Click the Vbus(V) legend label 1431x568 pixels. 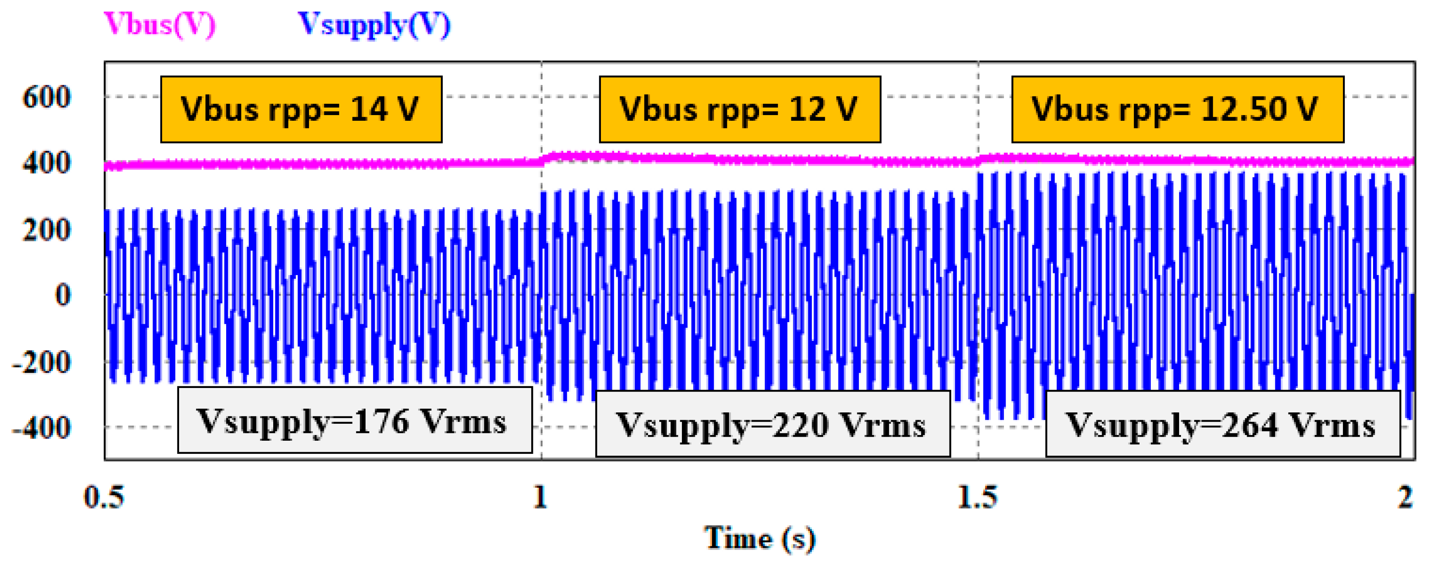click(x=159, y=24)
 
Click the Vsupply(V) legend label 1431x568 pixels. click(x=374, y=24)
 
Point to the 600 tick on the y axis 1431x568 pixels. click(x=47, y=97)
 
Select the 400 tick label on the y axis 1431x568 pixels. click(x=47, y=163)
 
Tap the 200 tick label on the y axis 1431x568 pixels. click(x=47, y=230)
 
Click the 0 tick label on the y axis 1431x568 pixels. click(x=63, y=295)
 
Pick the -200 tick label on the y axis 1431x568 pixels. click(x=42, y=362)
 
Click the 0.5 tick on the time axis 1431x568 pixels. click(x=104, y=497)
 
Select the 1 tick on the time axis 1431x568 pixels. click(x=540, y=497)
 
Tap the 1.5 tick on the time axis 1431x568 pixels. click(x=978, y=497)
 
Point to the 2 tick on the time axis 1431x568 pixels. click(x=1405, y=497)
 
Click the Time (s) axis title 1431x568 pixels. click(x=760, y=538)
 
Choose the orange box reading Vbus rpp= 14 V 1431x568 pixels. click(x=301, y=109)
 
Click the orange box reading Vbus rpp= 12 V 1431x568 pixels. click(x=739, y=109)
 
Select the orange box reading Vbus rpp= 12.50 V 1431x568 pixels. click(x=1177, y=109)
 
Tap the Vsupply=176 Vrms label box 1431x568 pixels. click(x=354, y=421)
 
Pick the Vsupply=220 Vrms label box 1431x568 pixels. click(x=772, y=424)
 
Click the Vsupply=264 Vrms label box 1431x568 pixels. click(x=1222, y=424)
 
